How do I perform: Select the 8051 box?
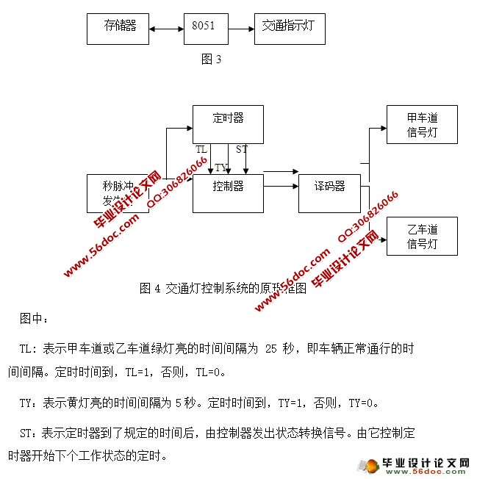click(x=204, y=29)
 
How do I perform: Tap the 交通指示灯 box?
click(x=289, y=29)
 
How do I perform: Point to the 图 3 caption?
click(x=211, y=60)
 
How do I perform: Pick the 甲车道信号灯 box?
click(x=422, y=124)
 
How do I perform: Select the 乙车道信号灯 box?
click(x=422, y=236)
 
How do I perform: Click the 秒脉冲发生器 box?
click(x=118, y=192)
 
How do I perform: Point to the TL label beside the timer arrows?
click(x=201, y=149)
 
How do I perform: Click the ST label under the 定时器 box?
click(x=242, y=149)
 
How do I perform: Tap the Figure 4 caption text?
click(x=222, y=289)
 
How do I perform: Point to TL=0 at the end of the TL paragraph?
click(x=210, y=372)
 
